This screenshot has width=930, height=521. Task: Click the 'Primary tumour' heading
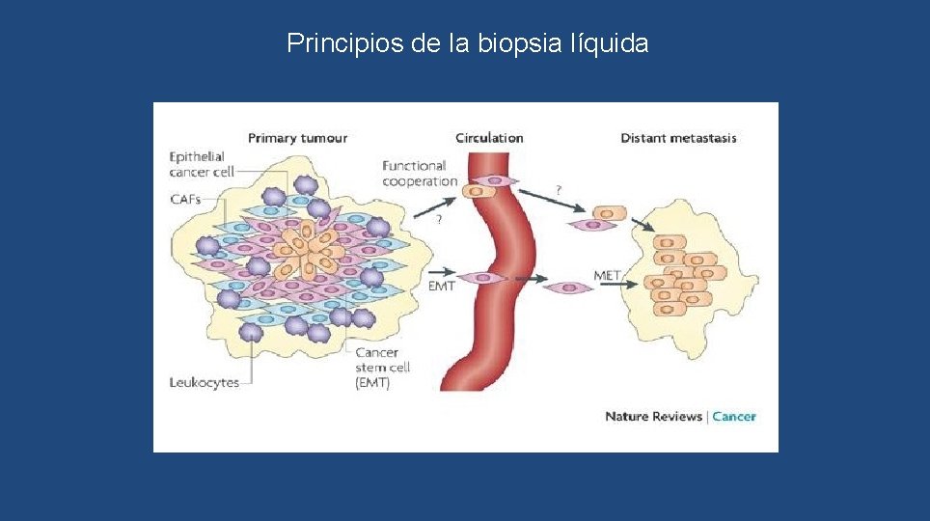pos(297,138)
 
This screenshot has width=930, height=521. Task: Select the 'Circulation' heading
pos(489,138)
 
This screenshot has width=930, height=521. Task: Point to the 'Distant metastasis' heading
pos(678,138)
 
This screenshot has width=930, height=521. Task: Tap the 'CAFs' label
pos(185,199)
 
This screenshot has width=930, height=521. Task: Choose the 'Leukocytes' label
pos(205,383)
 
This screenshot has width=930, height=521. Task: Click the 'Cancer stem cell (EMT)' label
pos(383,368)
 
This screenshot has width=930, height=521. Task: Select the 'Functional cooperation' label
pos(420,174)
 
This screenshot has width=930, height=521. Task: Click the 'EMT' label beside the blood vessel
pos(441,287)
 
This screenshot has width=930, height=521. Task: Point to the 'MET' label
pos(608,276)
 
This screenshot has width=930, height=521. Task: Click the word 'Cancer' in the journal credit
pos(734,417)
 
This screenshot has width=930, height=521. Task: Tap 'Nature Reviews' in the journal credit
pos(653,417)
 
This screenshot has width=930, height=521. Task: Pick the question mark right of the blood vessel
pos(560,189)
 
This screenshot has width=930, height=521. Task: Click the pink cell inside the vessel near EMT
pos(493,279)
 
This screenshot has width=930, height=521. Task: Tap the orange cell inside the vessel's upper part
pos(476,192)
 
